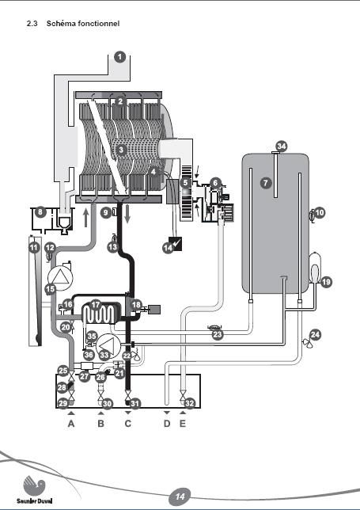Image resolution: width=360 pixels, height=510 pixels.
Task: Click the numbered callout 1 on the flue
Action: point(120,57)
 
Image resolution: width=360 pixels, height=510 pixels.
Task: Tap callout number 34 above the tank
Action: point(282,146)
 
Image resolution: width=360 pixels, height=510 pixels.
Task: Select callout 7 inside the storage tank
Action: point(266,183)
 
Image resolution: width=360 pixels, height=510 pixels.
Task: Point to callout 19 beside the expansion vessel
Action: point(326,282)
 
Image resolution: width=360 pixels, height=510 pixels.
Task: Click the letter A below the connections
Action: point(71,424)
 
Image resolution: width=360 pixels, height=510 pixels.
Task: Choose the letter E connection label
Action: point(183,424)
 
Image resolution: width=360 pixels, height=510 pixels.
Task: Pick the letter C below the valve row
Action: point(127,424)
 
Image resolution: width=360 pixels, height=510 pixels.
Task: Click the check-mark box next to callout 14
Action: point(176,244)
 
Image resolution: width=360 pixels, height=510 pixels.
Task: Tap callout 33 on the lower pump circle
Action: point(104,355)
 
